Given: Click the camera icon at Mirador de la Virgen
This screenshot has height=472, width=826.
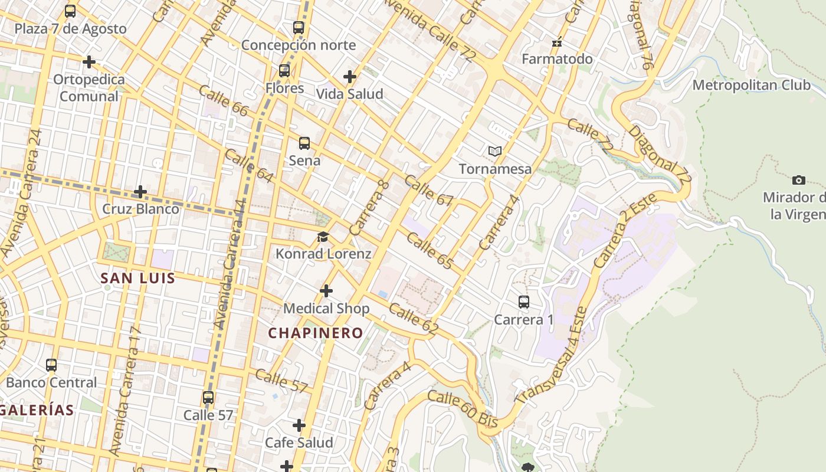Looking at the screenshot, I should click(x=799, y=180).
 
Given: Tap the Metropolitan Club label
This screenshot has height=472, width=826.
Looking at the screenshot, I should click(x=751, y=85).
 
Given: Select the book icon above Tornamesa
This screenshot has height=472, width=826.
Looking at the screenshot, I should click(x=495, y=152).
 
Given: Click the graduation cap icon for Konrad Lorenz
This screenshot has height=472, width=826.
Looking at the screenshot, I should click(x=323, y=237).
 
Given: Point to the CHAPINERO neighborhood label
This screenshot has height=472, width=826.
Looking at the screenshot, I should click(x=316, y=333).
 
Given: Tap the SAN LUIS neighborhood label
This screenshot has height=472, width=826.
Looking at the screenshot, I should click(x=137, y=278).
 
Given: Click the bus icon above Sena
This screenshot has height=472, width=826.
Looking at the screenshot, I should click(x=304, y=143).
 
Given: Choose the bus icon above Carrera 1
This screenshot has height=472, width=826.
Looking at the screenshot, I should click(x=523, y=302).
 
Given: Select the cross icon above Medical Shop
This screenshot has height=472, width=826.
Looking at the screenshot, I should click(x=326, y=291).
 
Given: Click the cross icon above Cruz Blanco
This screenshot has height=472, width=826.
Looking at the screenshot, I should click(x=140, y=192).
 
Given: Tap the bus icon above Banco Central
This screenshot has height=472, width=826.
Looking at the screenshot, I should click(x=51, y=365).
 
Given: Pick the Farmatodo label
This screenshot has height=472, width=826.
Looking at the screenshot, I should click(x=557, y=59).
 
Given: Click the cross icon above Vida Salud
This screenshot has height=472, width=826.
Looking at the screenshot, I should click(x=350, y=77).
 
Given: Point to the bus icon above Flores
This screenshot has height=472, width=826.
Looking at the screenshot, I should click(x=284, y=71).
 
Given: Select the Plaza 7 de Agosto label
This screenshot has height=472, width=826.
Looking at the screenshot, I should click(x=70, y=29).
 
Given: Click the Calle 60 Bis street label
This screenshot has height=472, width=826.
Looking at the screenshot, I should click(x=463, y=409).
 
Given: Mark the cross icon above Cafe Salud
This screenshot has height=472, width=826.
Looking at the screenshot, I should click(x=299, y=425).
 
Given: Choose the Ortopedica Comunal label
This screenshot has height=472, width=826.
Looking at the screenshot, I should click(x=89, y=88).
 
